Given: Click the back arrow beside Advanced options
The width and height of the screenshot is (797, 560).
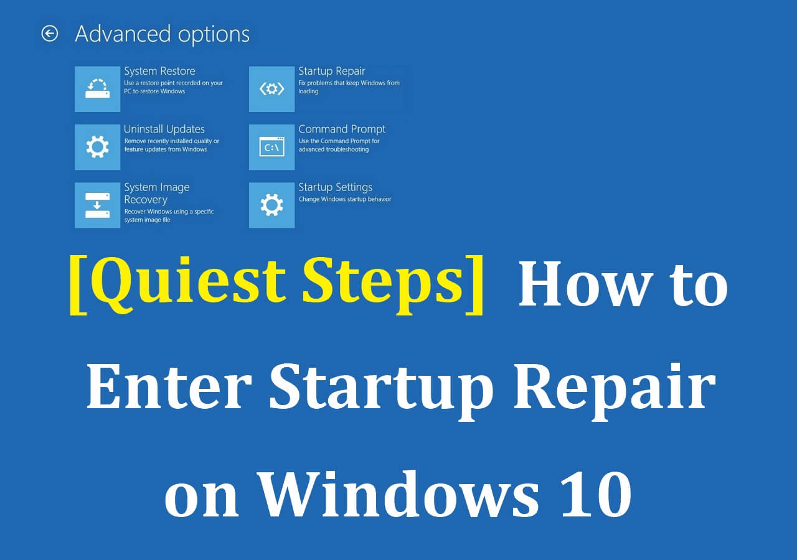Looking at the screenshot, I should (49, 34).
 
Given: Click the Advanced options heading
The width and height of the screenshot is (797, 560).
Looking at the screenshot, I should (162, 34).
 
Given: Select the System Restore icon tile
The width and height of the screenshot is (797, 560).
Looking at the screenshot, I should (97, 89).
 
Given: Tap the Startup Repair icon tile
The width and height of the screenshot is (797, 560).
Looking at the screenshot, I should (271, 89).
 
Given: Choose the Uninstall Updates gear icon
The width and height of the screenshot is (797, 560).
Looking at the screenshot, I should (97, 147).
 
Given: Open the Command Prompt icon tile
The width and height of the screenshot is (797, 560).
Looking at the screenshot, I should (271, 147).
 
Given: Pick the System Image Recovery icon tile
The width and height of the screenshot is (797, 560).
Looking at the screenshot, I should (97, 205).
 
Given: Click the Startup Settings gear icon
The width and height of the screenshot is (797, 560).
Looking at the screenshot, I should (271, 205).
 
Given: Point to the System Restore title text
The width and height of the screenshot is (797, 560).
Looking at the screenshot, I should (159, 71).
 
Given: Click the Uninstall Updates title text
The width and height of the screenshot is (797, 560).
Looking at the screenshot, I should (164, 129).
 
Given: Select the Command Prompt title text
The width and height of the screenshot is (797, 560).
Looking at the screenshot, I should (342, 129).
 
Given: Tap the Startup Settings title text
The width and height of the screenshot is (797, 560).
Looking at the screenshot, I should (335, 187).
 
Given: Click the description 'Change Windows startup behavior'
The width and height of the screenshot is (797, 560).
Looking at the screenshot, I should (344, 199).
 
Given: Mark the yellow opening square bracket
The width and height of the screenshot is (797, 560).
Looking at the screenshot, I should (78, 283).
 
